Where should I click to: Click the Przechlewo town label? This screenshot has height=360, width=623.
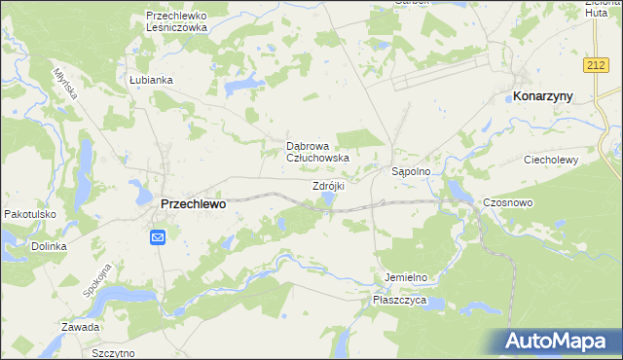pyautogui.click(x=192, y=204)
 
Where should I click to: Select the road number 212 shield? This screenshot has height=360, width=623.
pyautogui.click(x=598, y=64)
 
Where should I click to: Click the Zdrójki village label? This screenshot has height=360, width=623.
pyautogui.click(x=328, y=185)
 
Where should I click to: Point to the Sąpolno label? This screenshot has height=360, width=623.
pyautogui.click(x=418, y=171)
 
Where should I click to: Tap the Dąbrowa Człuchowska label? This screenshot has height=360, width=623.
pyautogui.click(x=317, y=151)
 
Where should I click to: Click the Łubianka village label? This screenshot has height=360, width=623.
pyautogui.click(x=151, y=80)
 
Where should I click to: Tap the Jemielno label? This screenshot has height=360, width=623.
pyautogui.click(x=405, y=277)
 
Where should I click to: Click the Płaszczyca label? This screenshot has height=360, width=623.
pyautogui.click(x=399, y=302)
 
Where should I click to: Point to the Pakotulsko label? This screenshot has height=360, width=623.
pyautogui.click(x=29, y=214)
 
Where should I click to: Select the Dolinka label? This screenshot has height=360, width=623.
pyautogui.click(x=47, y=246)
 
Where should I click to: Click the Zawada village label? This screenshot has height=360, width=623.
pyautogui.click(x=80, y=327)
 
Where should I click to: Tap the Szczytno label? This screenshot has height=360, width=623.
pyautogui.click(x=112, y=353)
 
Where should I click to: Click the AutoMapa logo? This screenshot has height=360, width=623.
pyautogui.click(x=558, y=341)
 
